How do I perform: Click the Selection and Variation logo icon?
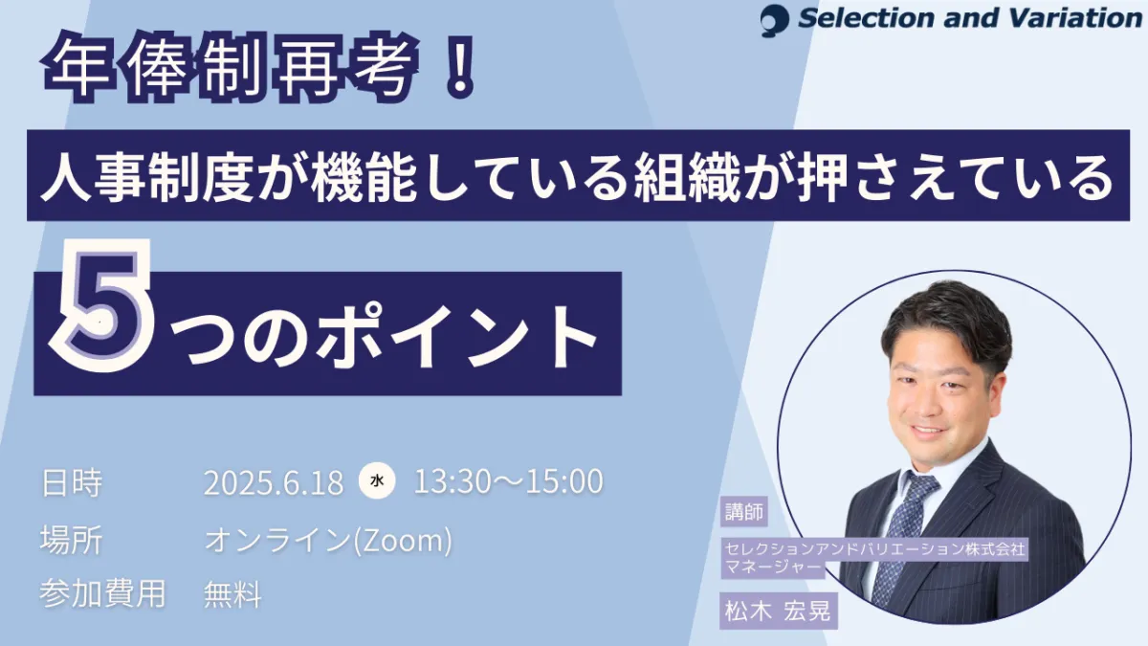774,20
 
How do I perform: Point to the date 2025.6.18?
274,482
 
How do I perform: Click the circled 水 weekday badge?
377,480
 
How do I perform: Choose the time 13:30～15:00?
508,481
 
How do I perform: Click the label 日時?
72,482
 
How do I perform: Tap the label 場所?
72,540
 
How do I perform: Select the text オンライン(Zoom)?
328,541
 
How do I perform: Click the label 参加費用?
102,594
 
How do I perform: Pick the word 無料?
232,594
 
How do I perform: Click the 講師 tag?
744,511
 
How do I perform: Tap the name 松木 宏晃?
778,611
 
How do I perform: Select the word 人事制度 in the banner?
147,176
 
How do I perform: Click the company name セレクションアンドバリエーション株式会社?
874,548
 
